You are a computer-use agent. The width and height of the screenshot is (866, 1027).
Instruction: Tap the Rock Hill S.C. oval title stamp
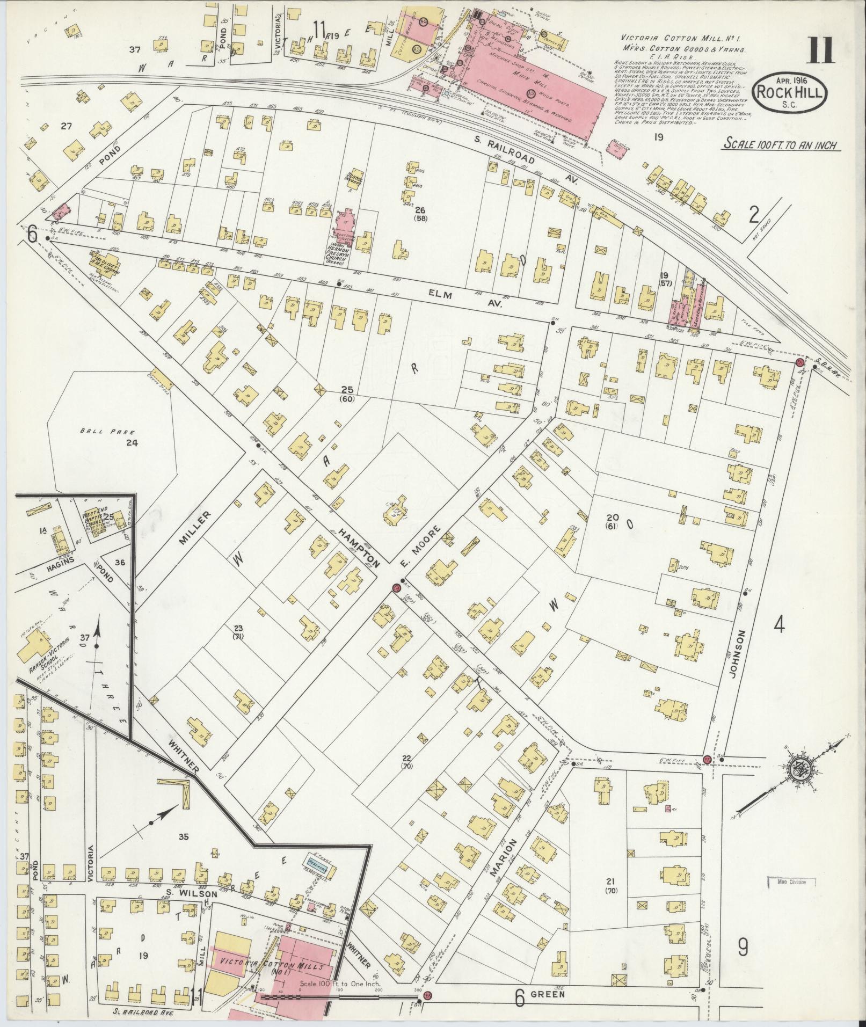[789, 94]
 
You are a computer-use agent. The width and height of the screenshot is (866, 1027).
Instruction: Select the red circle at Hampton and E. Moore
[397, 588]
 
